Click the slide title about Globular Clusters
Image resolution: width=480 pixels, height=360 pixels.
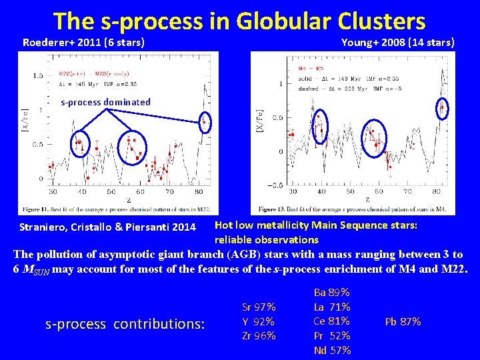239,21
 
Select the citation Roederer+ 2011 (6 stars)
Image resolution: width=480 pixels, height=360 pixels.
84,43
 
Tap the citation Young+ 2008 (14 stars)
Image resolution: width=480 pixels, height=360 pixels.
397,43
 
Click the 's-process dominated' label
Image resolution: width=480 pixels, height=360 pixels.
105,102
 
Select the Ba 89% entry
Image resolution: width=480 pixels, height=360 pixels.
331,292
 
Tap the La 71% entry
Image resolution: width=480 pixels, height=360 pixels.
331,307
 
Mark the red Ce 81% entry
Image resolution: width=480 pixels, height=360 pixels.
331,321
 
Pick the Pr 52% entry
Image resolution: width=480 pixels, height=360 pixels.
331,336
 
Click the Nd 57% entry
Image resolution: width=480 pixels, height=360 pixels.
331,351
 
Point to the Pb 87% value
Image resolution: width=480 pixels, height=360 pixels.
403,321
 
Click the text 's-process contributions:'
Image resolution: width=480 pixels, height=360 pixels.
125,325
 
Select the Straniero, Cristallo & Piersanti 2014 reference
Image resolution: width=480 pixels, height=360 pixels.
107,227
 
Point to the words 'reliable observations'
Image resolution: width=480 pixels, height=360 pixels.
266,239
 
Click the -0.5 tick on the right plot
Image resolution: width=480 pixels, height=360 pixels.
273,185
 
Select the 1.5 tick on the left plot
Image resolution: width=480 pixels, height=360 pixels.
39,75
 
